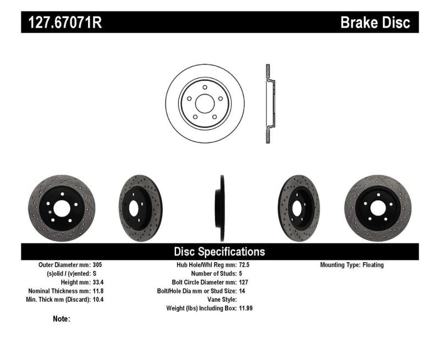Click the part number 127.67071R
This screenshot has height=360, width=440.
tap(64, 23)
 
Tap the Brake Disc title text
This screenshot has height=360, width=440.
tap(375, 23)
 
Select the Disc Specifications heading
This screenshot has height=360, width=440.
tap(219, 252)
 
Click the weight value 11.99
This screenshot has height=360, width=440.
tap(245, 308)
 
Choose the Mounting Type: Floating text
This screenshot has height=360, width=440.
tap(352, 265)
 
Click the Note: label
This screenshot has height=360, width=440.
tap(62, 319)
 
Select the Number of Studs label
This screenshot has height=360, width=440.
tap(213, 274)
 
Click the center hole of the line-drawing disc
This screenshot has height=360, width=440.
tap(205, 104)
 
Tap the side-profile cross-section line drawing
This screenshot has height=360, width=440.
tap(268, 104)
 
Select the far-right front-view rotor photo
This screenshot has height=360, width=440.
tap(379, 207)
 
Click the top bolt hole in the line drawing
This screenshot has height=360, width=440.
tap(205, 87)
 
